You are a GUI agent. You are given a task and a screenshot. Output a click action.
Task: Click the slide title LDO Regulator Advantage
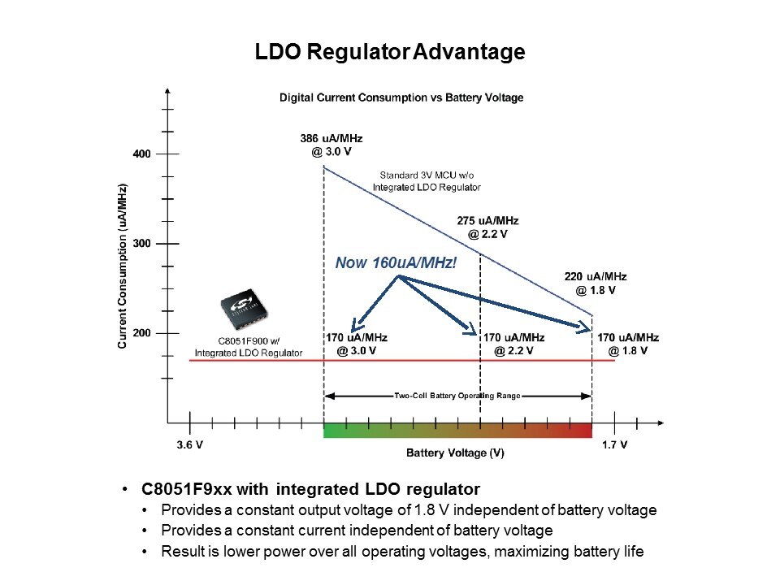[390, 53]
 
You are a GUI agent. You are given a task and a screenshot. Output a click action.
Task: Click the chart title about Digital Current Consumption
[401, 97]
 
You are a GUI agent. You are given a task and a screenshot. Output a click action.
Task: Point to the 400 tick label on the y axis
[142, 154]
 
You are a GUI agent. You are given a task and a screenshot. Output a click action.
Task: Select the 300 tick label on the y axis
[142, 244]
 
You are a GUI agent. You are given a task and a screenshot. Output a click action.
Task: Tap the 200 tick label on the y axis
[142, 333]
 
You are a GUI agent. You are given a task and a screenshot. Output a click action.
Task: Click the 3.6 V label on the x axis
[189, 445]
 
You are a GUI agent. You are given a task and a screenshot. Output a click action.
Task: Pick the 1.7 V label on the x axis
[614, 445]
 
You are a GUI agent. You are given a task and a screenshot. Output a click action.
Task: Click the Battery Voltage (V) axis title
[455, 453]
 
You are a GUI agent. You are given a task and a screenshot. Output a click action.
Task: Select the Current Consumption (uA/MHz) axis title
[122, 266]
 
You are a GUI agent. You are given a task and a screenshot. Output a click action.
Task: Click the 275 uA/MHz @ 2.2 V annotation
[487, 227]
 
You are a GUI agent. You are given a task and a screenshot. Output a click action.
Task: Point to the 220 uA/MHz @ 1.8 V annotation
[596, 283]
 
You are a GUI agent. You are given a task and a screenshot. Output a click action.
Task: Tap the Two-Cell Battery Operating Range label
[457, 396]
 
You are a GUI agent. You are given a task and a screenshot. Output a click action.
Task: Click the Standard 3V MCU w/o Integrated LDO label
[427, 180]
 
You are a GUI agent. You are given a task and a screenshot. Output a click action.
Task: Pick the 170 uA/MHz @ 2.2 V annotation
[513, 344]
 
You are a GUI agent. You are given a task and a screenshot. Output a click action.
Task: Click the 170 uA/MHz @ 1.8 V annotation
[628, 344]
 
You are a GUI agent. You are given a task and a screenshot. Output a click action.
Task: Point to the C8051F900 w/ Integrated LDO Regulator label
[248, 347]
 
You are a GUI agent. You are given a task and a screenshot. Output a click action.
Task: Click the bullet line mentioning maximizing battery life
[402, 552]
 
